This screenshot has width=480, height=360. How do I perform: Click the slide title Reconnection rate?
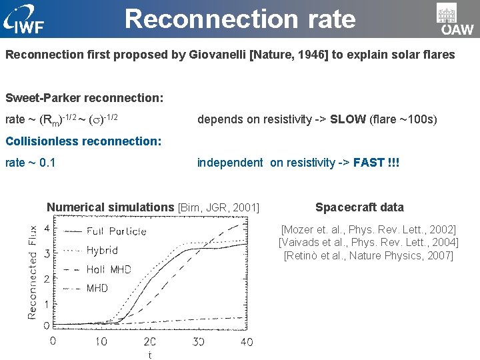240,19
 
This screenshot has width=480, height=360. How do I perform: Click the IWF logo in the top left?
25,21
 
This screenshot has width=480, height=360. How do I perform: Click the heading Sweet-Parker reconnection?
84,98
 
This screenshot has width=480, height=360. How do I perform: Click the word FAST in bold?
368,163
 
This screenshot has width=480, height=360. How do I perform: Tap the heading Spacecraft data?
359,207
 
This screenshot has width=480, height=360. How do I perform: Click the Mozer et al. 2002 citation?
368,229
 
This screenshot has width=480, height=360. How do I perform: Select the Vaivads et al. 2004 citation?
368,243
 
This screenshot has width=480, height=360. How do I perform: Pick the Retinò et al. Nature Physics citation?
368,256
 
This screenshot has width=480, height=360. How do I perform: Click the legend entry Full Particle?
116,231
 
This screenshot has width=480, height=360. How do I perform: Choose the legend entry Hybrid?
102,251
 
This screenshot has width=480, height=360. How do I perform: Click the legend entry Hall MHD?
109,270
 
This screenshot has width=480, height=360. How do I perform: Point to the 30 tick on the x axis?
199,342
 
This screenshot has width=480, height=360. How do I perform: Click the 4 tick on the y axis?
46,228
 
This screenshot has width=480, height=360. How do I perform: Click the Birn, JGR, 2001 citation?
218,207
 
